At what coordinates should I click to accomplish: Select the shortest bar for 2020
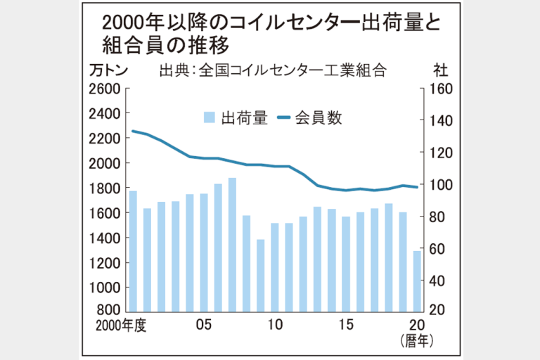point(416,281)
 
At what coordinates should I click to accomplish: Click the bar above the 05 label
point(204,252)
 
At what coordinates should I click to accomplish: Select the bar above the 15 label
point(345,264)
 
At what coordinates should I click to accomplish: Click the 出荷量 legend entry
point(236,118)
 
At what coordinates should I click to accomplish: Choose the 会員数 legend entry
point(310,118)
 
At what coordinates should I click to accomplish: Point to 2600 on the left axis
point(105,89)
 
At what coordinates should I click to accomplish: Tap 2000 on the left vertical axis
point(105,163)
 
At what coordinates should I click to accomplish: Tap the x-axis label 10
point(275,325)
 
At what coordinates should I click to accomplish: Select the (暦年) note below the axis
point(416,341)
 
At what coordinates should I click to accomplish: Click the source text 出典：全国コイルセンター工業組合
point(274,70)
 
